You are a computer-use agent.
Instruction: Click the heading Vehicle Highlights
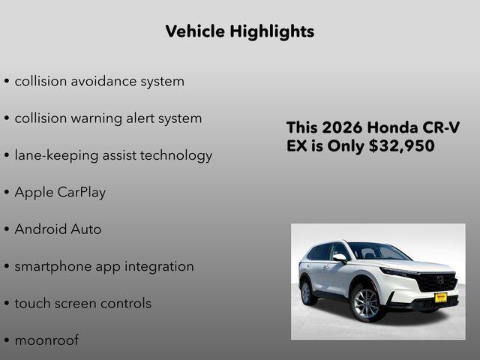point(239,31)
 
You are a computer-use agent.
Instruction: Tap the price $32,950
point(402,146)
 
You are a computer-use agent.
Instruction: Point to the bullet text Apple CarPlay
point(60,192)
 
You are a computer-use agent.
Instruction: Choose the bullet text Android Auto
point(58,229)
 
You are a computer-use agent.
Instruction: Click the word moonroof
point(46,340)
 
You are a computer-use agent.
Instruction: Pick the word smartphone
point(51,267)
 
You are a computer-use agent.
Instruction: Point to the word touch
point(31,304)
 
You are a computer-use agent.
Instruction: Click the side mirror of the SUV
point(340,258)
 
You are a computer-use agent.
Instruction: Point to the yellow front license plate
point(441,298)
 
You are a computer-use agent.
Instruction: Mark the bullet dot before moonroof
point(7,341)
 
